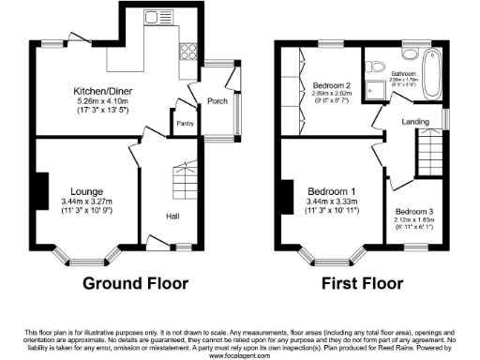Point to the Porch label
click(217, 101)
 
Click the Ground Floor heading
click(136, 283)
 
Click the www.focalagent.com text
click(240, 356)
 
